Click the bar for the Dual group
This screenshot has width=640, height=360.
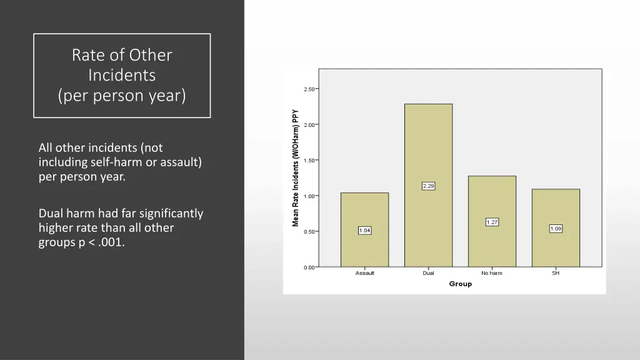pyautogui.click(x=428, y=150)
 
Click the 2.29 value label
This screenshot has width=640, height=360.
pyautogui.click(x=428, y=186)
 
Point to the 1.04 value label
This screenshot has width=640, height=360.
pyautogui.click(x=364, y=231)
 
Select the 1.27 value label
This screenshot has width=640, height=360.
pyautogui.click(x=492, y=222)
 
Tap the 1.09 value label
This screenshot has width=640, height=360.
pyautogui.click(x=556, y=229)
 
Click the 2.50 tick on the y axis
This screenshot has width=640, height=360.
pyautogui.click(x=309, y=89)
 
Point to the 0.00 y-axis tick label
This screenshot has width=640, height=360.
pyautogui.click(x=309, y=267)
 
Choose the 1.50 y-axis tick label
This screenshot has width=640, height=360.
pyautogui.click(x=309, y=161)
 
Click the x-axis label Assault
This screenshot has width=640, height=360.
pyautogui.click(x=364, y=274)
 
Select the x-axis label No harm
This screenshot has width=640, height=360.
pyautogui.click(x=492, y=274)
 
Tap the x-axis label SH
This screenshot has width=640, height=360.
pyautogui.click(x=556, y=274)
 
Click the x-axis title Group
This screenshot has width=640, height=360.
pyautogui.click(x=460, y=284)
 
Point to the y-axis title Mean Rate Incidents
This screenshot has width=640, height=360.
pyautogui.click(x=296, y=169)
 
